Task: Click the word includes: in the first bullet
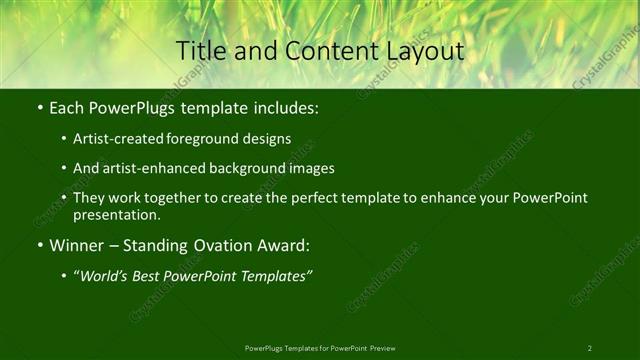coord(285,107)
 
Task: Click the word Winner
coord(77,245)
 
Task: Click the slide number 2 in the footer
coord(590,348)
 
